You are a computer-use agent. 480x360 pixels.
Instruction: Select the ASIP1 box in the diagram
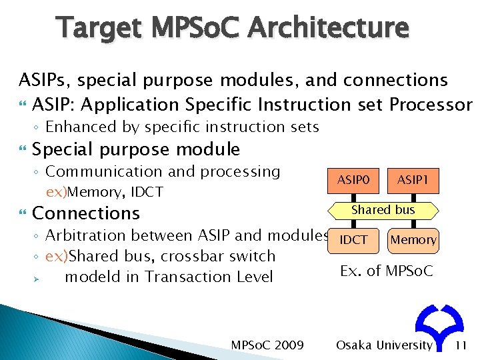coord(413,181)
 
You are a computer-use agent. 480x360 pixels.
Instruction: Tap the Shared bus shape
coord(383,210)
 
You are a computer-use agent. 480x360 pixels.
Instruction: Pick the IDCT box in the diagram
coord(353,239)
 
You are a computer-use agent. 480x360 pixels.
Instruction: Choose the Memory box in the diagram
coord(413,239)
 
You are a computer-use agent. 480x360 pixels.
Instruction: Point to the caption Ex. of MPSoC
coord(386,271)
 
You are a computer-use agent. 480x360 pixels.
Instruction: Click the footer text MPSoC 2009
coord(267,345)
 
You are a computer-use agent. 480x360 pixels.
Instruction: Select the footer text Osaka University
coord(384,345)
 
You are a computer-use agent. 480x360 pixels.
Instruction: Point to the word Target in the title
coord(99,28)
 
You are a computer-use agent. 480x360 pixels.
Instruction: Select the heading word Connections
coord(86,213)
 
